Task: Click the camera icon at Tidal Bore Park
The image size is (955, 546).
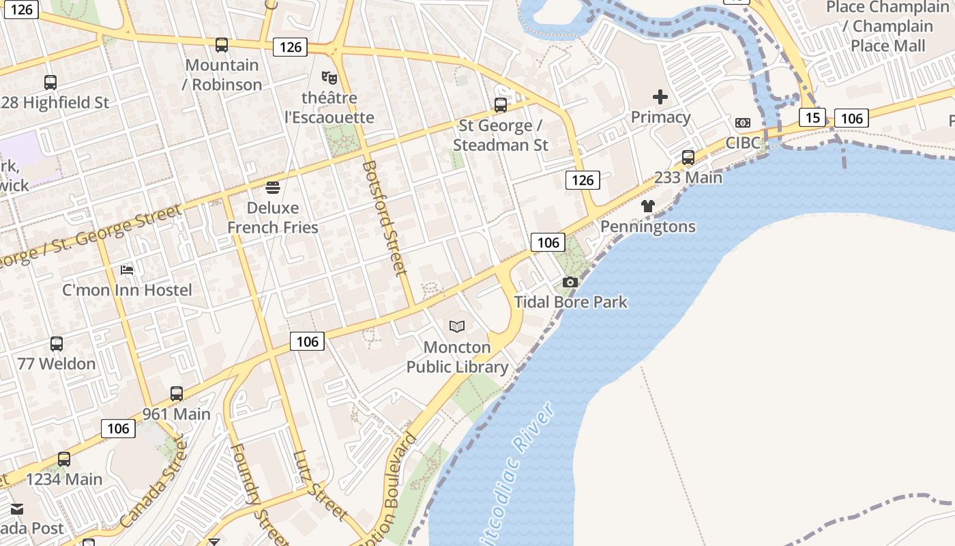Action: coord(570,282)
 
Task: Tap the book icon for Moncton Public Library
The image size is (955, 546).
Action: coord(457,327)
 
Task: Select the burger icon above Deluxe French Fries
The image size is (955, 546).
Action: coord(273,187)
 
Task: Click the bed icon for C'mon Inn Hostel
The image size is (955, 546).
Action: coord(127,270)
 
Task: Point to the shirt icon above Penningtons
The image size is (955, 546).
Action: coord(647,206)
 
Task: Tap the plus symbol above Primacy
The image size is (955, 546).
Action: coord(660,97)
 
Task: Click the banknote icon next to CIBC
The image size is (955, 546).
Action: coord(743,123)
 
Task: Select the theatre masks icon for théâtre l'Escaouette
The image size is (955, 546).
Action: coord(329,78)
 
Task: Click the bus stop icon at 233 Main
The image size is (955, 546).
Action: coord(688,158)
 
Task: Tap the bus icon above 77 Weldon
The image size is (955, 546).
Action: coord(57,344)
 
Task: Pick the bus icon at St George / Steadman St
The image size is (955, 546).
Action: coord(501,105)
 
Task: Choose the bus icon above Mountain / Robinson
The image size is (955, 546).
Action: coord(222,45)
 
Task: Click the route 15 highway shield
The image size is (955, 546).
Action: coord(812,117)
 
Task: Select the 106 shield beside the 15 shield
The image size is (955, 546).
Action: coord(851,119)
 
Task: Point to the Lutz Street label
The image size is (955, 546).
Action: coord(321,486)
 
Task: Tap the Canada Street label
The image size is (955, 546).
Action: coord(153,483)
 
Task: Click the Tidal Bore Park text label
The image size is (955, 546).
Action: coord(570,302)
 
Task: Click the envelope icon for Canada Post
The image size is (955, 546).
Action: coord(16,509)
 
